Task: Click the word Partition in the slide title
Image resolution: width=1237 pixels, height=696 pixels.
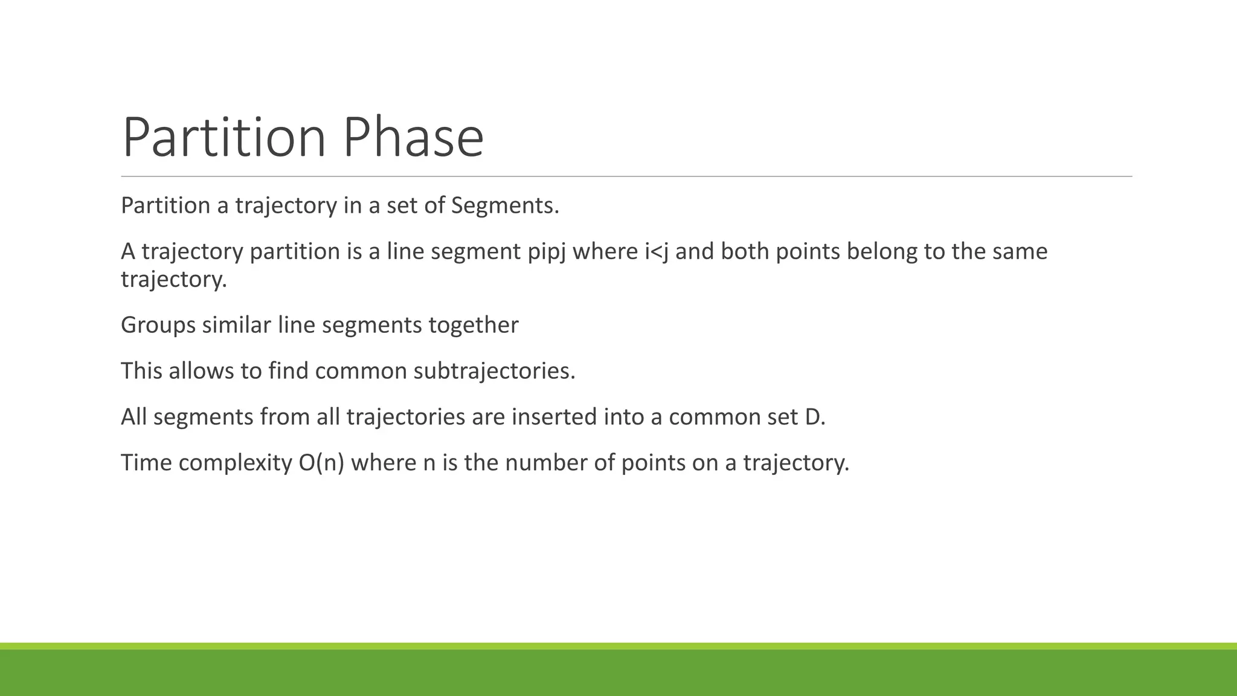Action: (223, 138)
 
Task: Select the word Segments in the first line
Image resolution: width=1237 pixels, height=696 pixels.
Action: (504, 206)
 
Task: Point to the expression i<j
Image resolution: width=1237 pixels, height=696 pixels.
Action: (657, 251)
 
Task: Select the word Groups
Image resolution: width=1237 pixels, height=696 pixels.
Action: (158, 326)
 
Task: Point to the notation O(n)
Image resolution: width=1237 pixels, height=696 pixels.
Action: (321, 463)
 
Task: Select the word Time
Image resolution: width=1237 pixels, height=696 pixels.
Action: (146, 463)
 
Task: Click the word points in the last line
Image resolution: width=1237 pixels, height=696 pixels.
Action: (656, 463)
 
